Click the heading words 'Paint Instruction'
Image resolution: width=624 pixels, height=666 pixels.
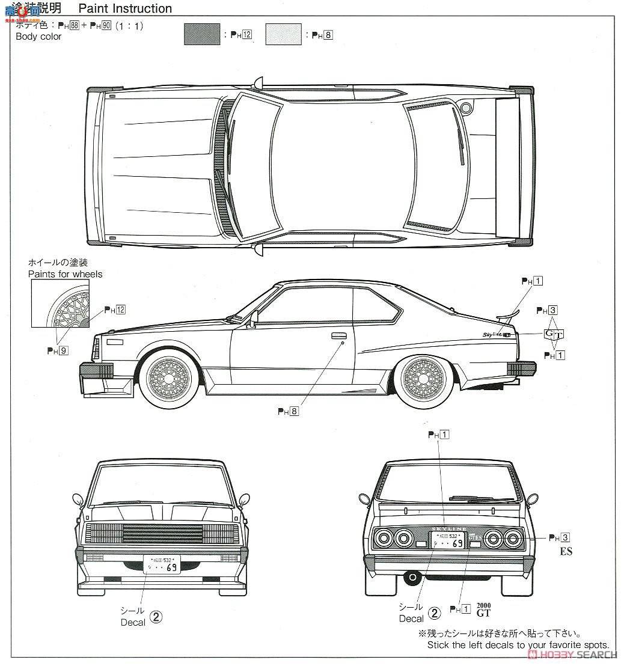tap(125, 8)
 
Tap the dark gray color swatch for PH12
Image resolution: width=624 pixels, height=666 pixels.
tap(201, 34)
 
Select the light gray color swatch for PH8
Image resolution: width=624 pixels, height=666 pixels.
tap(283, 34)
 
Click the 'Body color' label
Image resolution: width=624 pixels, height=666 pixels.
tap(38, 37)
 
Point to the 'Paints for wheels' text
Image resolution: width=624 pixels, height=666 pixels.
tap(65, 274)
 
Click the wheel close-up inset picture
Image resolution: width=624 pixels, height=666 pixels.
tap(60, 304)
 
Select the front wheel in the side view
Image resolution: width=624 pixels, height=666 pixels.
tap(169, 377)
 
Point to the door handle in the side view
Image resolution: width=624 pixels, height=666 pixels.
tap(338, 335)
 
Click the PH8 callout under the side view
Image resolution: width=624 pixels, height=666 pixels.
tap(288, 412)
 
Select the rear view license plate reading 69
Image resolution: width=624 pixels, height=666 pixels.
tap(447, 540)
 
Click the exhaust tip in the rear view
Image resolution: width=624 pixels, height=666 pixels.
tap(412, 578)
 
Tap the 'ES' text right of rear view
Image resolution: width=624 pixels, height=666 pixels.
tap(566, 551)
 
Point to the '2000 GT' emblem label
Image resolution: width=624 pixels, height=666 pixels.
tap(483, 609)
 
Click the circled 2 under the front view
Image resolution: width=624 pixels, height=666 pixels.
tap(156, 616)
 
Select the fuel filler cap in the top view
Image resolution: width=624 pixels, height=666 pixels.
tap(465, 108)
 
